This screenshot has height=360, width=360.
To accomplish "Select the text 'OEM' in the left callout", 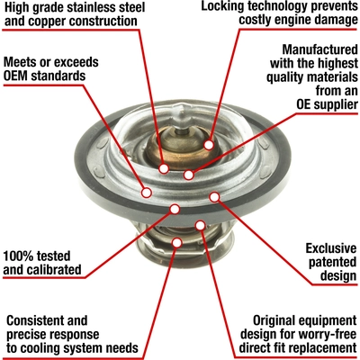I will (x=19, y=76).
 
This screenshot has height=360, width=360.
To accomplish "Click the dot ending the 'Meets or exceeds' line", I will (x=147, y=191).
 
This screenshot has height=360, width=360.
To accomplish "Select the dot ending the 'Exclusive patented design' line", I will (x=214, y=195).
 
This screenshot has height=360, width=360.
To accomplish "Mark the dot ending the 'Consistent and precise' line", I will (x=177, y=242).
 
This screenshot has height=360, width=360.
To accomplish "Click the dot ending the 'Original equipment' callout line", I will (x=200, y=224).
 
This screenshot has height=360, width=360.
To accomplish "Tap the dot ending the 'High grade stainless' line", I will (x=164, y=167).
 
